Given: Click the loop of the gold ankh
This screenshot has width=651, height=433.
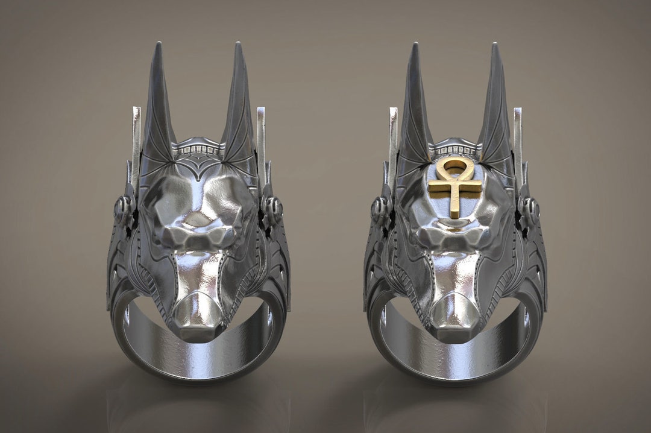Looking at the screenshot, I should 454,169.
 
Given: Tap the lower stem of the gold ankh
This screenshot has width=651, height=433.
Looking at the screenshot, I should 454,205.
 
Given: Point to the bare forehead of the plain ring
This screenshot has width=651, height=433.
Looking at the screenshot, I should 198,181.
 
